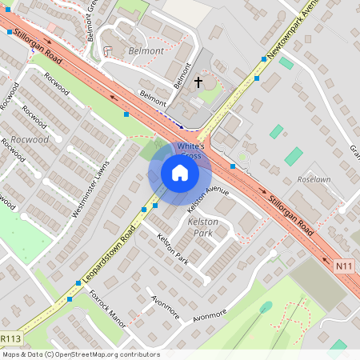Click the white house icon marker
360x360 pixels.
pos(180,173)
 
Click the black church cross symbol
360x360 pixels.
pos(198,82)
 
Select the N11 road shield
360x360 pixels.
pos(344,266)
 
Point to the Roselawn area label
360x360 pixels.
pos(313,180)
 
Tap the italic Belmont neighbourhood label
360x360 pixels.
pos(145,50)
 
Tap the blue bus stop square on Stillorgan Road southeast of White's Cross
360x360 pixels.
pos(232,166)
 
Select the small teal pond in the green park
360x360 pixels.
pos(266,306)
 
